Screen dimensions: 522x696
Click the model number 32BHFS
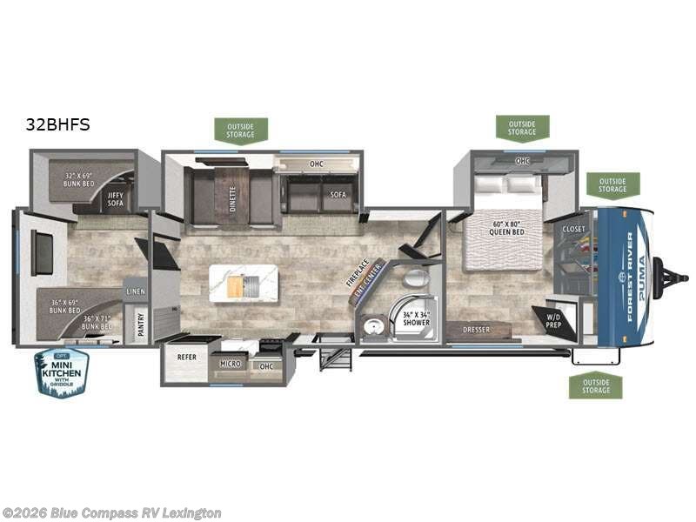click(x=58, y=124)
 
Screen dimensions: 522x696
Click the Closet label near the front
click(x=573, y=229)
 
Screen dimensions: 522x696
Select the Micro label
click(x=230, y=363)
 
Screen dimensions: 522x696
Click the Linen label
click(x=135, y=291)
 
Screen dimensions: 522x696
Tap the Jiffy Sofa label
click(x=116, y=198)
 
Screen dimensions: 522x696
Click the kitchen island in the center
click(x=244, y=284)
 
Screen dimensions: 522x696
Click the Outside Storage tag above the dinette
click(x=241, y=130)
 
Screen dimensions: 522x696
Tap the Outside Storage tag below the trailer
click(x=596, y=385)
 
